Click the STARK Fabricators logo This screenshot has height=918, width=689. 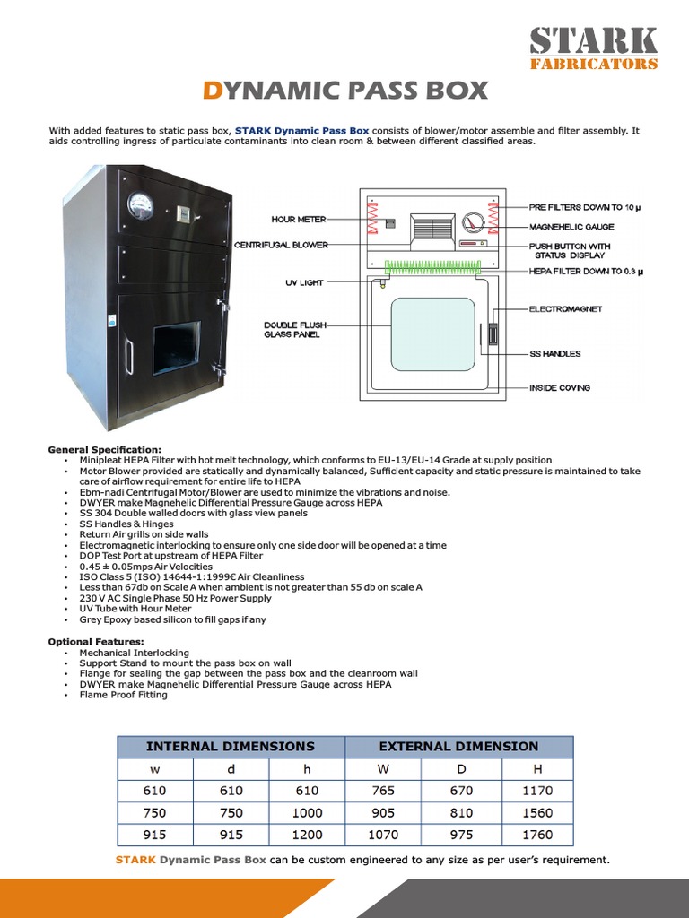592,48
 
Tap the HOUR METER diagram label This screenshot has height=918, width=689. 299,219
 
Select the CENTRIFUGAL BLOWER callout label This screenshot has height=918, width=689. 281,245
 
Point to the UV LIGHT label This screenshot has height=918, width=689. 304,282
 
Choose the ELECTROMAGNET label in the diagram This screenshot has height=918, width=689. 565,309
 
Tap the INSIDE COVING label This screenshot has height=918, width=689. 560,388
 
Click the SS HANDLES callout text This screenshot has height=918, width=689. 554,354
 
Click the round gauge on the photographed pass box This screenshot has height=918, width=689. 141,207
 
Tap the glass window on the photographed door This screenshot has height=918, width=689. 176,348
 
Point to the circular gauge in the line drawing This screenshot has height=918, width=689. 473,223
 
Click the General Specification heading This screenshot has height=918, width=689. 105,449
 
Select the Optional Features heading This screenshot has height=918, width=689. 96,642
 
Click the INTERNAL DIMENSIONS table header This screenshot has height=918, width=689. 231,746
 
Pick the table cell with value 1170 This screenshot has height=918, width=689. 536,791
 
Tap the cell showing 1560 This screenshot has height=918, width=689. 536,813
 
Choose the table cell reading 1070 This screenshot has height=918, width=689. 383,835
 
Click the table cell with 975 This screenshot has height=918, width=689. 459,835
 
